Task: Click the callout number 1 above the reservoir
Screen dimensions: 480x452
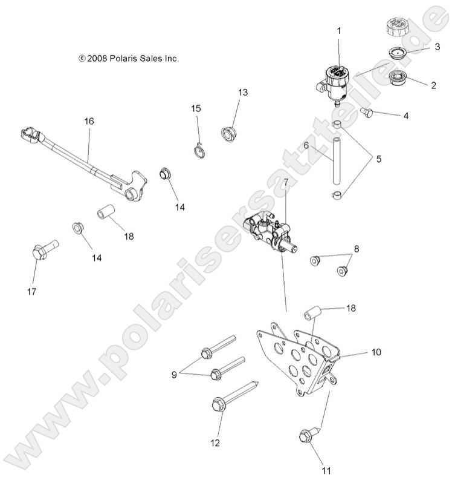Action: (338, 30)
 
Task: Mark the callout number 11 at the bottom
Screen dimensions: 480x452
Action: (326, 469)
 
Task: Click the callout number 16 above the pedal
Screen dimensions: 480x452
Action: (89, 121)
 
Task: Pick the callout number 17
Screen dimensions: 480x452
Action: (31, 291)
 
